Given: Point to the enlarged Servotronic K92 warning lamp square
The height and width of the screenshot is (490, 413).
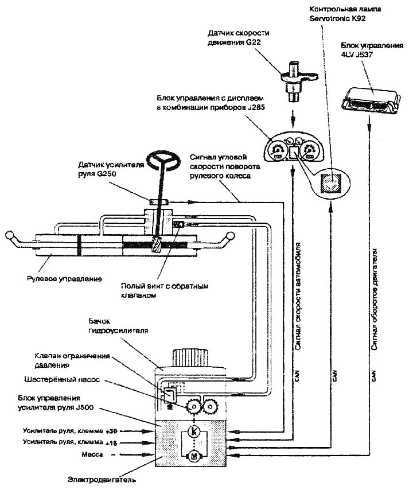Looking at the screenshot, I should coord(332,182).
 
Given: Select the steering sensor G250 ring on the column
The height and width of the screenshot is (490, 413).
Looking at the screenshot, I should coord(157,201).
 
